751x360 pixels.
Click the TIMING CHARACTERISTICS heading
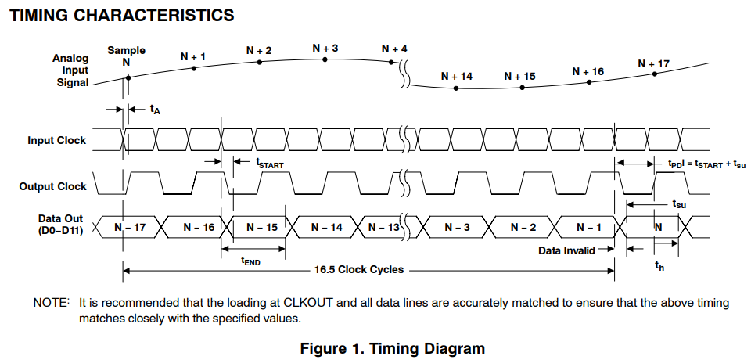(x=121, y=15)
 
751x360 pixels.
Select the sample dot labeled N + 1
(x=194, y=69)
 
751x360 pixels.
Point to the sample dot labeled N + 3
(x=325, y=59)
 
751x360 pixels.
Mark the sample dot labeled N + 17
(x=655, y=74)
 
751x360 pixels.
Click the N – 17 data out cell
(x=129, y=227)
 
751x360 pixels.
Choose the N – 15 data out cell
(x=261, y=227)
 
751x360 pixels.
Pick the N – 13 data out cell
(x=383, y=227)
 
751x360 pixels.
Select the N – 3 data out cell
(x=458, y=227)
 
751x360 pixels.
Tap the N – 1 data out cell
(x=589, y=227)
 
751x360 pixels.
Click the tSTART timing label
(x=269, y=164)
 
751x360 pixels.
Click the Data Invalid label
(x=567, y=250)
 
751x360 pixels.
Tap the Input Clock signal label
(x=57, y=141)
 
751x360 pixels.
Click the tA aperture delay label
(x=155, y=110)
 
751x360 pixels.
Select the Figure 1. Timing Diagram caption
(x=393, y=349)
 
